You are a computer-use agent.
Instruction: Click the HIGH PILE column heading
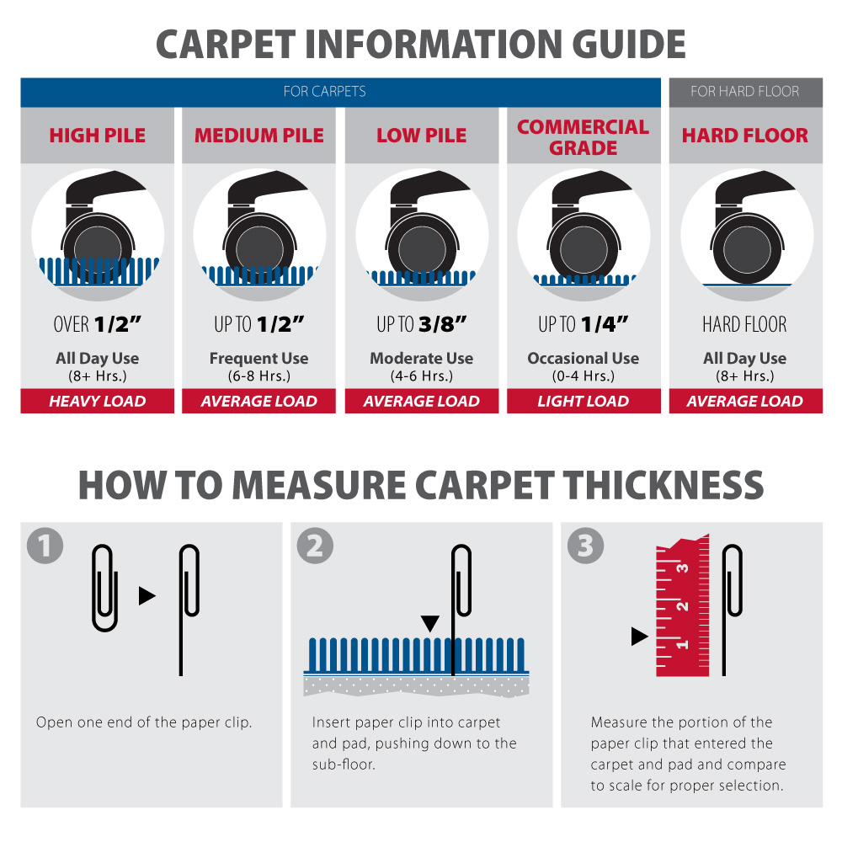(97, 136)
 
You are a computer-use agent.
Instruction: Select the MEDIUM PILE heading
(259, 136)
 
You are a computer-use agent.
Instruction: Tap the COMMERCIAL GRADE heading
(583, 137)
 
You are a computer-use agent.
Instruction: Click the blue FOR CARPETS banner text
(324, 91)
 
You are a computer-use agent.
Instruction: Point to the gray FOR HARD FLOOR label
(745, 91)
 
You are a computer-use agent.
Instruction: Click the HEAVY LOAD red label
(98, 402)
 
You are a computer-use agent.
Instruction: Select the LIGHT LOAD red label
(583, 402)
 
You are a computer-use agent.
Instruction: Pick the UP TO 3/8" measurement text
(421, 324)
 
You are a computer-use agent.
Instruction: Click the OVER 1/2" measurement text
(97, 324)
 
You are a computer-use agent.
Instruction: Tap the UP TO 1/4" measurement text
(583, 324)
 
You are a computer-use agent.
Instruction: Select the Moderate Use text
(421, 359)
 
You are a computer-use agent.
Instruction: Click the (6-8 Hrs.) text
(259, 376)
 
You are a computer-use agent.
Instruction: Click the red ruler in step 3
(682, 606)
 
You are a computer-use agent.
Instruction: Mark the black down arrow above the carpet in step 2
(430, 623)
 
